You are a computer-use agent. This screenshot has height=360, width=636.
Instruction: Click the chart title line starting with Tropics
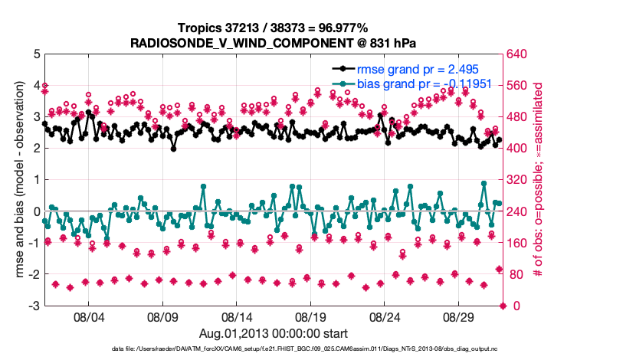(272, 28)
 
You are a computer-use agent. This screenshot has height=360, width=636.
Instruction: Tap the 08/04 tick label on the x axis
(87, 316)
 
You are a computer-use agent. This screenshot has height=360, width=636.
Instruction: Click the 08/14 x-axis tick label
(237, 316)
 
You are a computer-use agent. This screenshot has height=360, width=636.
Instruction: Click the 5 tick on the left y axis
(36, 54)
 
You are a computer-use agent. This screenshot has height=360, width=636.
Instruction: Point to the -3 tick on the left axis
(34, 306)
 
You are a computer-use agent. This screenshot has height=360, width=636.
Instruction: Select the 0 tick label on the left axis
(36, 211)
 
